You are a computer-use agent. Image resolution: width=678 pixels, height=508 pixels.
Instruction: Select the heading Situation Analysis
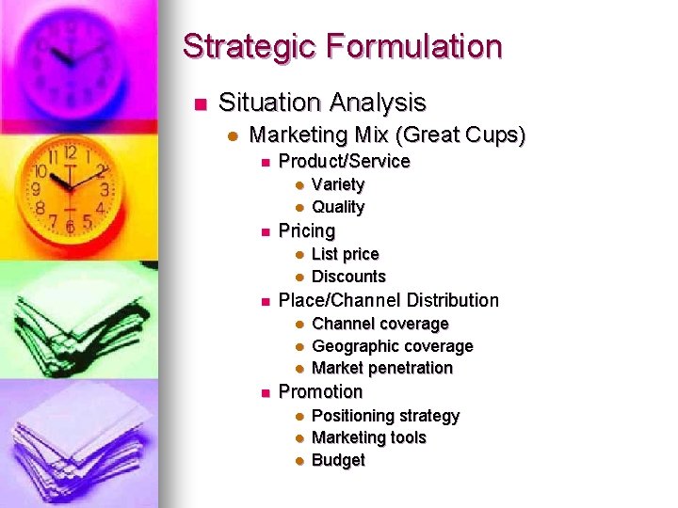click(322, 103)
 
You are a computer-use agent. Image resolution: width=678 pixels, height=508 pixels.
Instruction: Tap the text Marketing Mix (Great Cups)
click(387, 135)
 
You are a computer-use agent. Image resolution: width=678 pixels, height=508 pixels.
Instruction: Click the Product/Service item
click(344, 161)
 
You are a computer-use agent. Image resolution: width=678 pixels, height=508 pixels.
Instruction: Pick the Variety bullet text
click(337, 184)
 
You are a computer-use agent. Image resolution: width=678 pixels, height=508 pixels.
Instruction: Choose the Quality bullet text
click(337, 207)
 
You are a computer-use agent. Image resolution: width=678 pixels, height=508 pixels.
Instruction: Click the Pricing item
click(306, 230)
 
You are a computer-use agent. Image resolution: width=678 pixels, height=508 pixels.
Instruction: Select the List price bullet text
click(345, 254)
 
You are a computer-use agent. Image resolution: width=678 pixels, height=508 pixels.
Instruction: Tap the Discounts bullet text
click(348, 277)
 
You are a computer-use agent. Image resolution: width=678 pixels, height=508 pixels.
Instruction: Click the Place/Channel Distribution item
click(388, 300)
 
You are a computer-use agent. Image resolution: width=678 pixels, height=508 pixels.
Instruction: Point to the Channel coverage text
click(379, 324)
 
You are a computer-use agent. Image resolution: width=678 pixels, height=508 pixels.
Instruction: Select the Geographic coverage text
click(392, 346)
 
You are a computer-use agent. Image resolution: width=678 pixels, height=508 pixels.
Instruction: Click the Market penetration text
click(381, 368)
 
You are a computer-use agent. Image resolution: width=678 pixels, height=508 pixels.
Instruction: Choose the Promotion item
click(320, 391)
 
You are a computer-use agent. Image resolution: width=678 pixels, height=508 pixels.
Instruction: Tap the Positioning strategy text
click(385, 416)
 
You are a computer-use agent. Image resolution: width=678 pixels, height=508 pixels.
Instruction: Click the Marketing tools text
click(368, 437)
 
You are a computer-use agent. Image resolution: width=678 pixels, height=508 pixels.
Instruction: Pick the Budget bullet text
click(337, 460)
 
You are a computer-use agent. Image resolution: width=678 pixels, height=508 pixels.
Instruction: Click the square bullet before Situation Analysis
click(198, 103)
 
